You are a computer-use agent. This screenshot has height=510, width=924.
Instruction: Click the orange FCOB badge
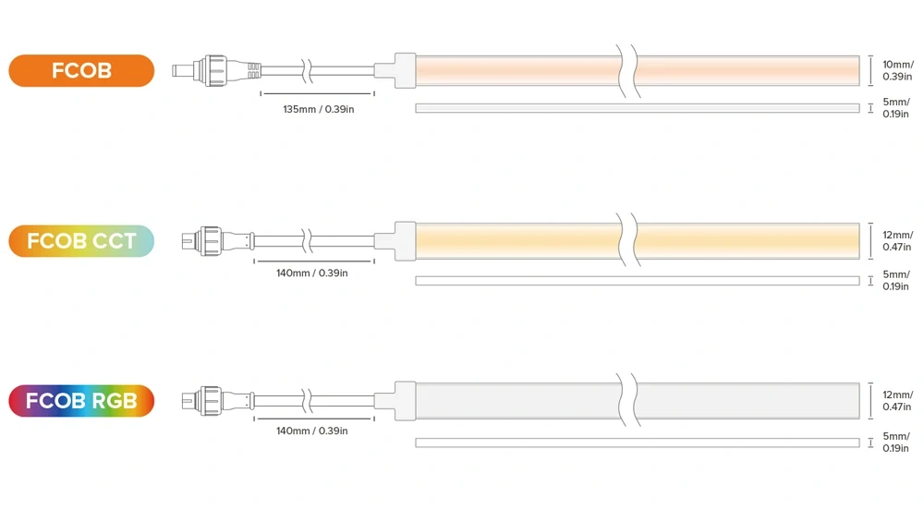(x=81, y=70)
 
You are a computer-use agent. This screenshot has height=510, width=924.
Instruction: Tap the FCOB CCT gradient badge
(x=81, y=241)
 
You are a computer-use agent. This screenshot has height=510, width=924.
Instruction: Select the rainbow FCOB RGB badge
(x=81, y=400)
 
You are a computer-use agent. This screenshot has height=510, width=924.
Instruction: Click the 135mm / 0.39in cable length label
(x=318, y=109)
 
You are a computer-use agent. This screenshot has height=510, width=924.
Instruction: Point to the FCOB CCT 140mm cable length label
(x=311, y=273)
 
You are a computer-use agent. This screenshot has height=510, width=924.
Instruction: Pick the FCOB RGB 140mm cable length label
(x=311, y=431)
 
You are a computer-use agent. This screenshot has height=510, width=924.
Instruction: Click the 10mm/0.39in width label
(x=897, y=70)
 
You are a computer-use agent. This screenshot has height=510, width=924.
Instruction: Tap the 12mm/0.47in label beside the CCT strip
(x=897, y=241)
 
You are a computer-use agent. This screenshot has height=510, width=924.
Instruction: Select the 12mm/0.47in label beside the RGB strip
(x=897, y=400)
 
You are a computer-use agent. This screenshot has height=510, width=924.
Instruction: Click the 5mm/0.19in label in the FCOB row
(x=895, y=108)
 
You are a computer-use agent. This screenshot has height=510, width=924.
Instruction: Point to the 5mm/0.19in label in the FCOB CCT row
(x=895, y=280)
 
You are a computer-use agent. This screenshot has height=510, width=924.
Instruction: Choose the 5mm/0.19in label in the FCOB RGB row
(x=895, y=443)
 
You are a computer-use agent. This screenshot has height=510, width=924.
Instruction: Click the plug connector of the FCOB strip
(x=216, y=70)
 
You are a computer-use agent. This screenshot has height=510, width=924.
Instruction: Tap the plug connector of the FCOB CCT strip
(x=218, y=241)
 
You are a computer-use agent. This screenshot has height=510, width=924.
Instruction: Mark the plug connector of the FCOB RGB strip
(x=218, y=400)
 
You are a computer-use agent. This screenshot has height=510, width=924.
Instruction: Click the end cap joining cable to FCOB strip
(x=395, y=70)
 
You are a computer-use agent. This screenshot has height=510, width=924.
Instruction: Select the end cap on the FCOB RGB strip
(x=395, y=400)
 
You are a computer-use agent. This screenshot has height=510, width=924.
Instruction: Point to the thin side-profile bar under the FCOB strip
(x=638, y=108)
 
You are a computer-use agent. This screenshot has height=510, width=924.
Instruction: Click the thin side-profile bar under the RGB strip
(x=638, y=443)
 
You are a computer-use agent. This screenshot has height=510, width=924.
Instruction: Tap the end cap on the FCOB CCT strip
(x=395, y=241)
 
